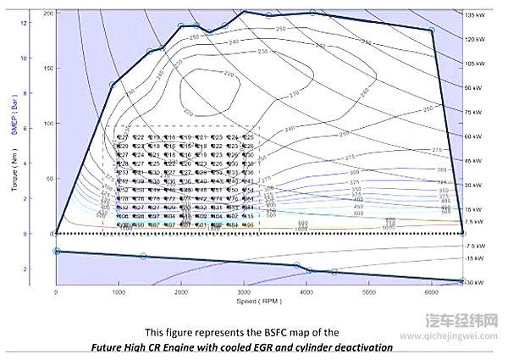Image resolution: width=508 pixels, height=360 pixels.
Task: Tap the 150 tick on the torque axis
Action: pos(47,69)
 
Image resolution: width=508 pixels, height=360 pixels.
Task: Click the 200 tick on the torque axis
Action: pos(47,14)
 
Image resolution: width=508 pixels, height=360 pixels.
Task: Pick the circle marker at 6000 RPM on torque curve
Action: pos(431,30)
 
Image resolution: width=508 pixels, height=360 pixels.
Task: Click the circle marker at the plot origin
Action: pos(56,233)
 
